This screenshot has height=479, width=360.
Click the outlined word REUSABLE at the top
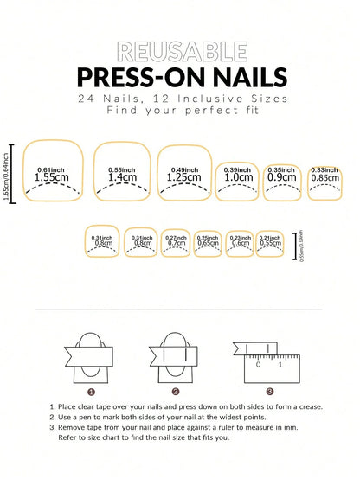[179, 51]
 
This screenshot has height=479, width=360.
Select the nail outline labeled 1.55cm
[53, 172]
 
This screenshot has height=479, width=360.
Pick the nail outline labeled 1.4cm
[122, 172]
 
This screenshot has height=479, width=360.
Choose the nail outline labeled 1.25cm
[184, 172]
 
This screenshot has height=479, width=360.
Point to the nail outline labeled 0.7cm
[177, 243]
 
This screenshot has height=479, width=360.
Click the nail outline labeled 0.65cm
[208, 243]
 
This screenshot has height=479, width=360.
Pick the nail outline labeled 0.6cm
[240, 243]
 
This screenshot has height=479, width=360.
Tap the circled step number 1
[103, 391]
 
